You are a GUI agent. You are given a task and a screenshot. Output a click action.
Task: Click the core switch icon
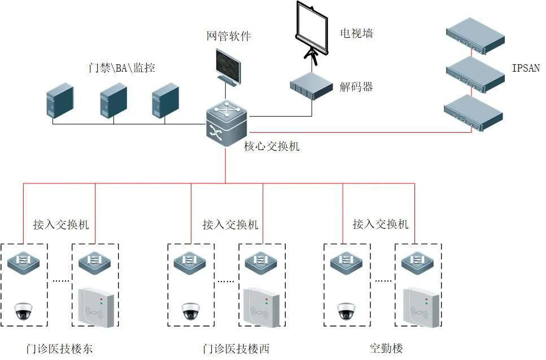[226, 124]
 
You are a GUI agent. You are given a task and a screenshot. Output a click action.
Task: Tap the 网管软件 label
[229, 36]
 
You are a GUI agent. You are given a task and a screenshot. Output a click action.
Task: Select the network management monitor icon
[228, 68]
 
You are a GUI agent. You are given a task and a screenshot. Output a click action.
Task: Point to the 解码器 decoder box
[312, 86]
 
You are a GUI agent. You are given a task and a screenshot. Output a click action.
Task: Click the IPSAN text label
[526, 68]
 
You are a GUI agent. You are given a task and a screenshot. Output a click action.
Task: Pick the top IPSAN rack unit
[475, 36]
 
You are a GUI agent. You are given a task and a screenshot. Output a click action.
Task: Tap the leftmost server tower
[60, 101]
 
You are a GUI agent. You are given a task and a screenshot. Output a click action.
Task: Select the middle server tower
[113, 100]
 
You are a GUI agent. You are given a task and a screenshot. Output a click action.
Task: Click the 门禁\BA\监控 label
[121, 68]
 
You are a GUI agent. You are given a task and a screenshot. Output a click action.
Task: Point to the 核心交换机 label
[272, 146]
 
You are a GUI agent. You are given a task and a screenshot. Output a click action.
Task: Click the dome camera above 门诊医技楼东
[23, 310]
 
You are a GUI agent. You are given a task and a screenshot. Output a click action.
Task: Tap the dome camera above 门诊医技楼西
[191, 310]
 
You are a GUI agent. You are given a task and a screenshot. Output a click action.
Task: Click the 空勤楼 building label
[386, 348]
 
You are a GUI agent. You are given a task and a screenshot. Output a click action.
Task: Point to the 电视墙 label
[356, 33]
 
